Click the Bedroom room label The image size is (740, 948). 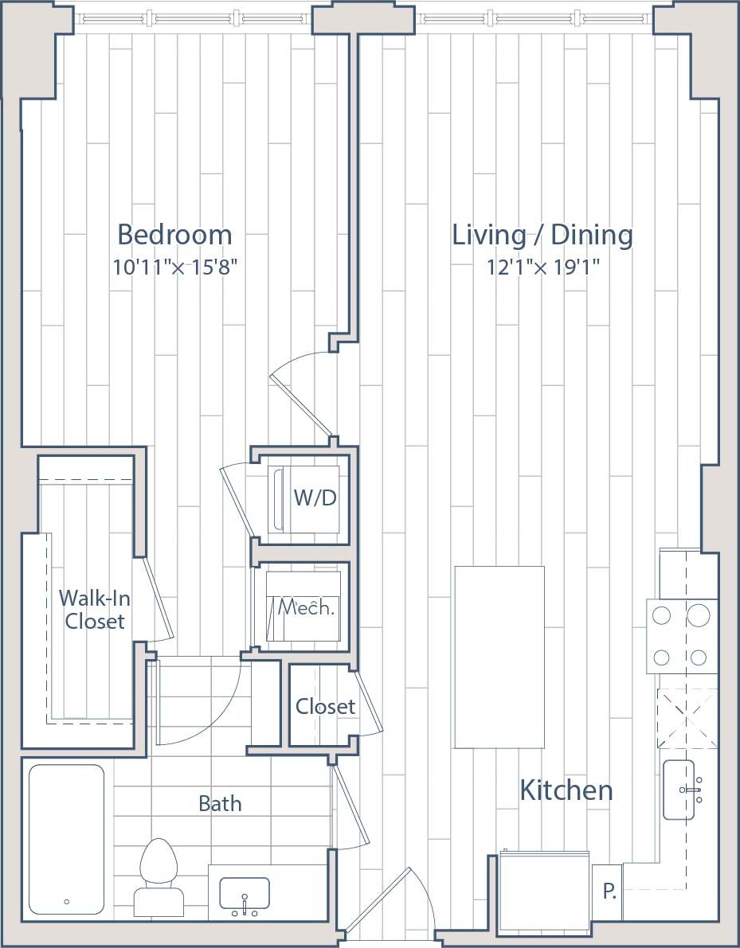(x=174, y=235)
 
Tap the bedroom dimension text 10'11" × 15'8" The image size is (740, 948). (x=175, y=267)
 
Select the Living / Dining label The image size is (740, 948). (x=542, y=235)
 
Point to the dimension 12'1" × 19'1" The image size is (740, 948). (x=543, y=267)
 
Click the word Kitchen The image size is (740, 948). (x=566, y=790)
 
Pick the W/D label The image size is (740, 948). (x=315, y=498)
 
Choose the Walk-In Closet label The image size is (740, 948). (x=94, y=609)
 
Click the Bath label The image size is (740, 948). (x=220, y=803)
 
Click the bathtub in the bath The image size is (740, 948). (x=66, y=839)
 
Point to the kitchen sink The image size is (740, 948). (x=683, y=790)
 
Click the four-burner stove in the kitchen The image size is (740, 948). (x=681, y=636)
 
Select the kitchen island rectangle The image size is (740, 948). (x=499, y=657)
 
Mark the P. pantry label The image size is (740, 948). (x=609, y=891)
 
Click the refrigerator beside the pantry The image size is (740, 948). (x=545, y=891)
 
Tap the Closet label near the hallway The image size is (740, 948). (x=325, y=706)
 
